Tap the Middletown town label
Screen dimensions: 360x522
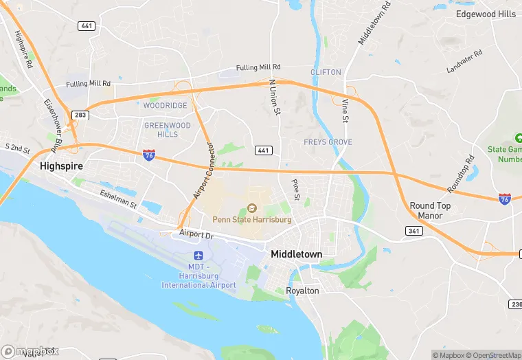[296, 254]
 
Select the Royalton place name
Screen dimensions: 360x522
[302, 291]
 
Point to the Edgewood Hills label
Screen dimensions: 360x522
[486, 14]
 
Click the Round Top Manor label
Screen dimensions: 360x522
[430, 210]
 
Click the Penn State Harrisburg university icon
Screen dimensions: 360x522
[251, 208]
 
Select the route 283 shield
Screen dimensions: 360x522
[80, 115]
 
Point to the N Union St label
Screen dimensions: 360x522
[274, 96]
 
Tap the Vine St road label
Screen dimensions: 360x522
[345, 111]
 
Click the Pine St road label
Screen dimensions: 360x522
[296, 190]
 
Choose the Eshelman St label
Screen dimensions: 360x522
[118, 199]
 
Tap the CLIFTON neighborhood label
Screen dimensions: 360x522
[326, 72]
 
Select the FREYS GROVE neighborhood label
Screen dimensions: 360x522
[328, 142]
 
